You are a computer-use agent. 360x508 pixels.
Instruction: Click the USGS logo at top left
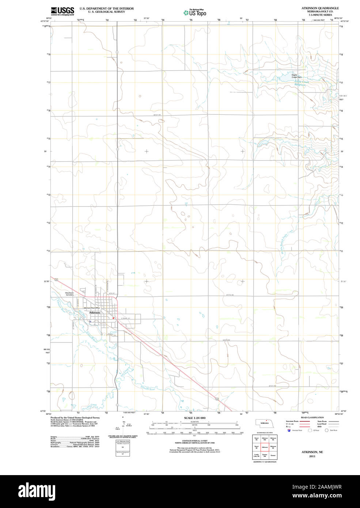(62, 11)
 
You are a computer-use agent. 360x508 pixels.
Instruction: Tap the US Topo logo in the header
(195, 13)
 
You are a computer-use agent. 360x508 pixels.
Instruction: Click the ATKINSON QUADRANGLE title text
(320, 8)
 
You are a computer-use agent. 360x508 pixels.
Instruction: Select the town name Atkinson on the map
(94, 313)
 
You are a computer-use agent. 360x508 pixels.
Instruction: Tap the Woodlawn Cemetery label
(69, 294)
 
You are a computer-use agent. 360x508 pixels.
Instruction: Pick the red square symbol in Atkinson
(114, 318)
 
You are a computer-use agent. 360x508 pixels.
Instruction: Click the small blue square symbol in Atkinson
(90, 321)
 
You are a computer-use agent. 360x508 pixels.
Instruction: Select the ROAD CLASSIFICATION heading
(312, 417)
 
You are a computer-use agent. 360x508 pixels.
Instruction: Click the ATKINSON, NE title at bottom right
(312, 452)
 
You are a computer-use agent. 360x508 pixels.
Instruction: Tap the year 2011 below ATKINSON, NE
(312, 456)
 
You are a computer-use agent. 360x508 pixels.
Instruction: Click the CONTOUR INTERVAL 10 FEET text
(194, 441)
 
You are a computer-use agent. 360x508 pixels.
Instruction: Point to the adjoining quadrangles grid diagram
(265, 447)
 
